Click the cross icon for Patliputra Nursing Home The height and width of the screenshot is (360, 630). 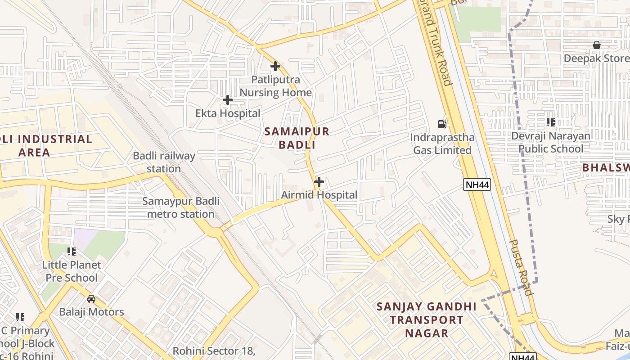point(275,66)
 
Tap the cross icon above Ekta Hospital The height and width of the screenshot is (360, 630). point(228,100)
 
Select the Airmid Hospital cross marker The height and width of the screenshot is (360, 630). point(319,182)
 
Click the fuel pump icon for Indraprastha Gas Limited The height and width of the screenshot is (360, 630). point(442,124)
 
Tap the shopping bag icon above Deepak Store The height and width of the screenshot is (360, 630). point(597,45)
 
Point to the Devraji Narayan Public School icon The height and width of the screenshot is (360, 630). point(550,122)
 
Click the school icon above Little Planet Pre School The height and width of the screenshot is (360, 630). point(72,251)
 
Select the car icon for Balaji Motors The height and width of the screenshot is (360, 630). point(91,298)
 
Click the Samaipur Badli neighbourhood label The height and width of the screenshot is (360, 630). point(297,138)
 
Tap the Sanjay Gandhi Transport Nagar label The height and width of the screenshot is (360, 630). point(426,319)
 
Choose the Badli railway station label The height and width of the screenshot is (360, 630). point(164,162)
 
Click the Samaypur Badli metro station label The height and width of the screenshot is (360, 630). point(181,207)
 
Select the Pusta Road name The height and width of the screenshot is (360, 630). point(521,267)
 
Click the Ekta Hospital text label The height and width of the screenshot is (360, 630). point(228,113)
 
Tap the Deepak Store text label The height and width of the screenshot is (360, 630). point(597,58)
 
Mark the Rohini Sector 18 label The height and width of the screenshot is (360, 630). point(214,351)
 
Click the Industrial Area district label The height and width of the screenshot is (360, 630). point(45,145)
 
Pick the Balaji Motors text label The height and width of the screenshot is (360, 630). point(91,312)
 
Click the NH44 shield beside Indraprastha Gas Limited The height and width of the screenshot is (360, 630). point(477,184)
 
